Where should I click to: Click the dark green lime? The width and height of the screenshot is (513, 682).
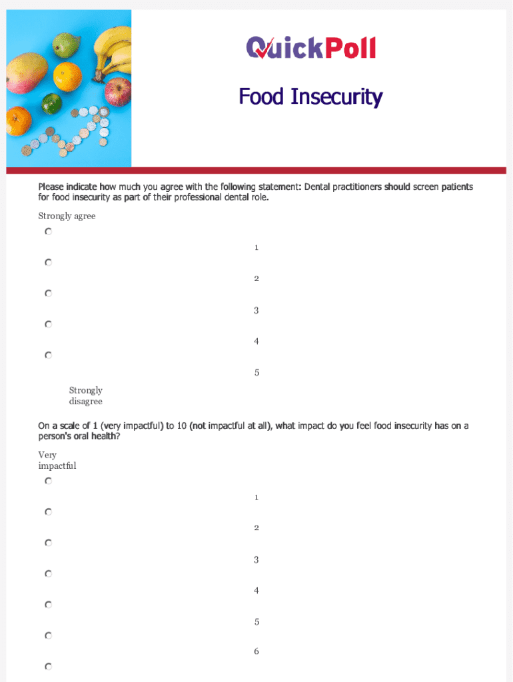tap(51, 104)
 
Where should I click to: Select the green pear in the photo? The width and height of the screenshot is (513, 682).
tap(67, 45)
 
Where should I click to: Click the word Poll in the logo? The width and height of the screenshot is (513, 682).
tap(350, 47)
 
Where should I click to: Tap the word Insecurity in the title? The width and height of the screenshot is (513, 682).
tap(336, 97)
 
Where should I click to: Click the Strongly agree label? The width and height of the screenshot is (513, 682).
tap(67, 216)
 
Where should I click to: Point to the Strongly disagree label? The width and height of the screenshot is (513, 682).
tap(85, 396)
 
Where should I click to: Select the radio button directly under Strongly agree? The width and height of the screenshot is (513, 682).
tap(49, 232)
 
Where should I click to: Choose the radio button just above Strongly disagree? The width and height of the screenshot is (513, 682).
tap(49, 356)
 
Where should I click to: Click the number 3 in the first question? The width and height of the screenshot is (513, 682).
tap(256, 310)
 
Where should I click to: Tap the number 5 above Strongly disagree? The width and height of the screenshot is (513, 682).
tap(256, 372)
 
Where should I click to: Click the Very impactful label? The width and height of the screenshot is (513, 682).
tap(57, 460)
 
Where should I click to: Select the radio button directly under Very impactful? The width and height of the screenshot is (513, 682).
tap(49, 481)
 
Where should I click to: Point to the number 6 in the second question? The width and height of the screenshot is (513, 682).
tap(256, 651)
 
